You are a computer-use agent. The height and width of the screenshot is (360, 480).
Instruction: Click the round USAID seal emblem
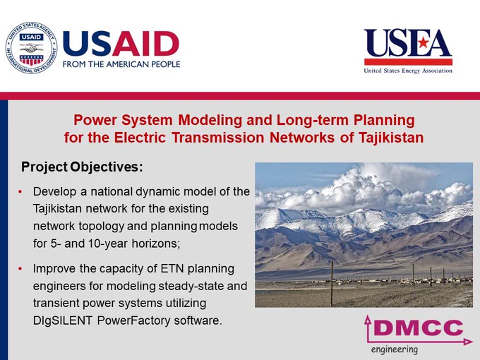31,48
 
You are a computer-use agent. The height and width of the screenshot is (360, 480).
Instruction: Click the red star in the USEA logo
424,42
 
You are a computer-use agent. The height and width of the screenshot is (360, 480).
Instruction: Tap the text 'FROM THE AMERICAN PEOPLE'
121,64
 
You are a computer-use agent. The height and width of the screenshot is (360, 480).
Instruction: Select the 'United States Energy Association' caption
408,71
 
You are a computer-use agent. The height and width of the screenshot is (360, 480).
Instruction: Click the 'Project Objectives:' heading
82,167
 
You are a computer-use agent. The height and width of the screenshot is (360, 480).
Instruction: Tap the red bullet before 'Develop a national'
20,191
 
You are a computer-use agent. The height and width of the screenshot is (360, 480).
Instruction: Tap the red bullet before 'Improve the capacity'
20,269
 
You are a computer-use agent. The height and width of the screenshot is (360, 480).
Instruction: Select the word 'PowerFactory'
133,320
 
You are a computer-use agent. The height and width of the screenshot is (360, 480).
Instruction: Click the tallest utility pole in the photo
332,284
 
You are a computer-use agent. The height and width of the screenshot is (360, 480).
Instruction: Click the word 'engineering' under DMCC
395,349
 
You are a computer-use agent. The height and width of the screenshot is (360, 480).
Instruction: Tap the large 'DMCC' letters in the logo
418,328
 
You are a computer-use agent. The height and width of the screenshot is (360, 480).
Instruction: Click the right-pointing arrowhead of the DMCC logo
469,342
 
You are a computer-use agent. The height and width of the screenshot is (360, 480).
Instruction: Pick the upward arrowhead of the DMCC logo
368,320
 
